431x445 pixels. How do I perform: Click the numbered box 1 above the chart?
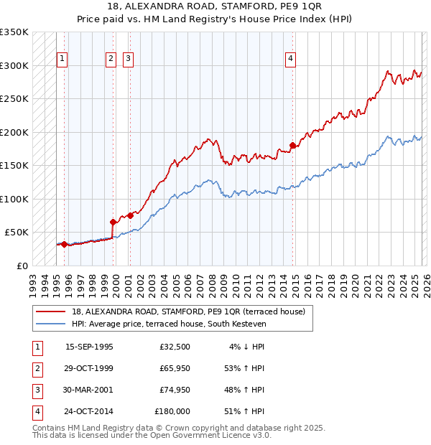[x=62, y=60]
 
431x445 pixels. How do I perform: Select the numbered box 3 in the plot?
[x=128, y=60]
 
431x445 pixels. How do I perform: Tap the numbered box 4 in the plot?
[x=291, y=60]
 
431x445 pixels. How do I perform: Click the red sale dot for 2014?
[x=292, y=146]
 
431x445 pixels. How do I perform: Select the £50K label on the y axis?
[x=17, y=233]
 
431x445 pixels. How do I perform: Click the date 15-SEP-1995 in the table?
[x=89, y=347]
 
